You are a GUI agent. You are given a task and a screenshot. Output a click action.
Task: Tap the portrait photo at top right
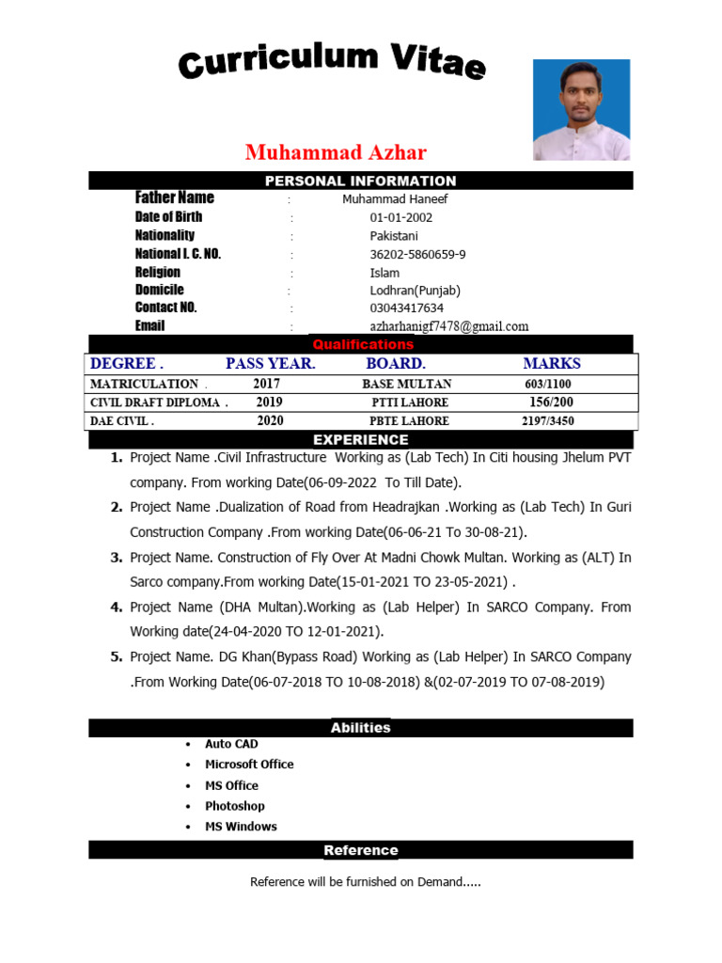581,110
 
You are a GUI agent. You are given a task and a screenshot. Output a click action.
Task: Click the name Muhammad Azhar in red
336,152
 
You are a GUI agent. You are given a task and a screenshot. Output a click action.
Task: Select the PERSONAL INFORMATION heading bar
360,181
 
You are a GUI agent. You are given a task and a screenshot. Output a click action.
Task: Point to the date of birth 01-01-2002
400,217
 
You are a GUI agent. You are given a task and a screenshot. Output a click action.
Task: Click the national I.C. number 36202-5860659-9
417,254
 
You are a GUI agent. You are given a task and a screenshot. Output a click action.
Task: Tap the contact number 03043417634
406,308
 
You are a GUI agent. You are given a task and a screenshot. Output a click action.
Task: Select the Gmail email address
448,326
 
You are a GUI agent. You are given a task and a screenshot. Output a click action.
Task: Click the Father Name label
174,197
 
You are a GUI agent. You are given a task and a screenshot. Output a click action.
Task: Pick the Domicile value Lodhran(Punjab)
415,290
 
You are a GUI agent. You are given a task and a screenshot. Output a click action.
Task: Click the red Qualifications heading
363,344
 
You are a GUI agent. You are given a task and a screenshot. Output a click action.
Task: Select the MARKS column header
552,363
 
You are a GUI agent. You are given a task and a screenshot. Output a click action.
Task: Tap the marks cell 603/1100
547,384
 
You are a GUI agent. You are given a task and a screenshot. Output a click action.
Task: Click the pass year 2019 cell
270,402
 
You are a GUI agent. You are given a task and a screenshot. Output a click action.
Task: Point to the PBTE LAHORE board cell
409,420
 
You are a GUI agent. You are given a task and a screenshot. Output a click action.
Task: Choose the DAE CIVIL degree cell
122,420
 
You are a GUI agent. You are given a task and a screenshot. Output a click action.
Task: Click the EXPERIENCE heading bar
360,439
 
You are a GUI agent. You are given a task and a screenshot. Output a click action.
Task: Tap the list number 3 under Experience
117,557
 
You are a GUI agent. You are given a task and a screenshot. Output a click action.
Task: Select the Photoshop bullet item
235,806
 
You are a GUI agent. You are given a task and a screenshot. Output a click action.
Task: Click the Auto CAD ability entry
231,744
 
